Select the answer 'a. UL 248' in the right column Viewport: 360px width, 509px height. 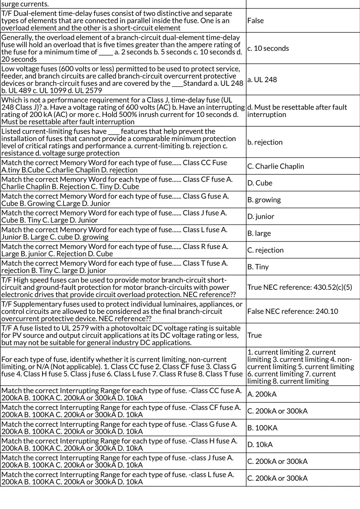pyautogui.click(x=262, y=79)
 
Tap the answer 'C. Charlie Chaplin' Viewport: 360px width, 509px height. pyautogui.click(x=275, y=166)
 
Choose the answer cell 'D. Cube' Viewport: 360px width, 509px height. pyautogui.click(x=260, y=183)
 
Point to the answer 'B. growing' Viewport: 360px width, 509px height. pyautogui.click(x=264, y=200)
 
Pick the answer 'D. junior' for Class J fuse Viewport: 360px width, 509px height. pyautogui.click(x=261, y=217)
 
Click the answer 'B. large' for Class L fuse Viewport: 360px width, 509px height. pyautogui.click(x=259, y=233)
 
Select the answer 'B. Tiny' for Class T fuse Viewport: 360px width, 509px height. pyautogui.click(x=258, y=267)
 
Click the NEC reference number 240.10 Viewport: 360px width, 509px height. pyautogui.click(x=327, y=311)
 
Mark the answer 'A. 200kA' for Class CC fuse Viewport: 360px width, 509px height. pyautogui.click(x=262, y=394)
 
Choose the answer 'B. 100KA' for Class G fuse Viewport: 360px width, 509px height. pyautogui.click(x=262, y=428)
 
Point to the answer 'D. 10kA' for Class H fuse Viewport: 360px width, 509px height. pyautogui.click(x=260, y=444)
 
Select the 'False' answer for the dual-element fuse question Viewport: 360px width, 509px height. pyautogui.click(x=255, y=20)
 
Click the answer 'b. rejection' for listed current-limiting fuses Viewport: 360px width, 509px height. pyautogui.click(x=265, y=142)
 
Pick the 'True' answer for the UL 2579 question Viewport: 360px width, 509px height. pyautogui.click(x=254, y=335)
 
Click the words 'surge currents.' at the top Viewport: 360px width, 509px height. pyautogui.click(x=25, y=4)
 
